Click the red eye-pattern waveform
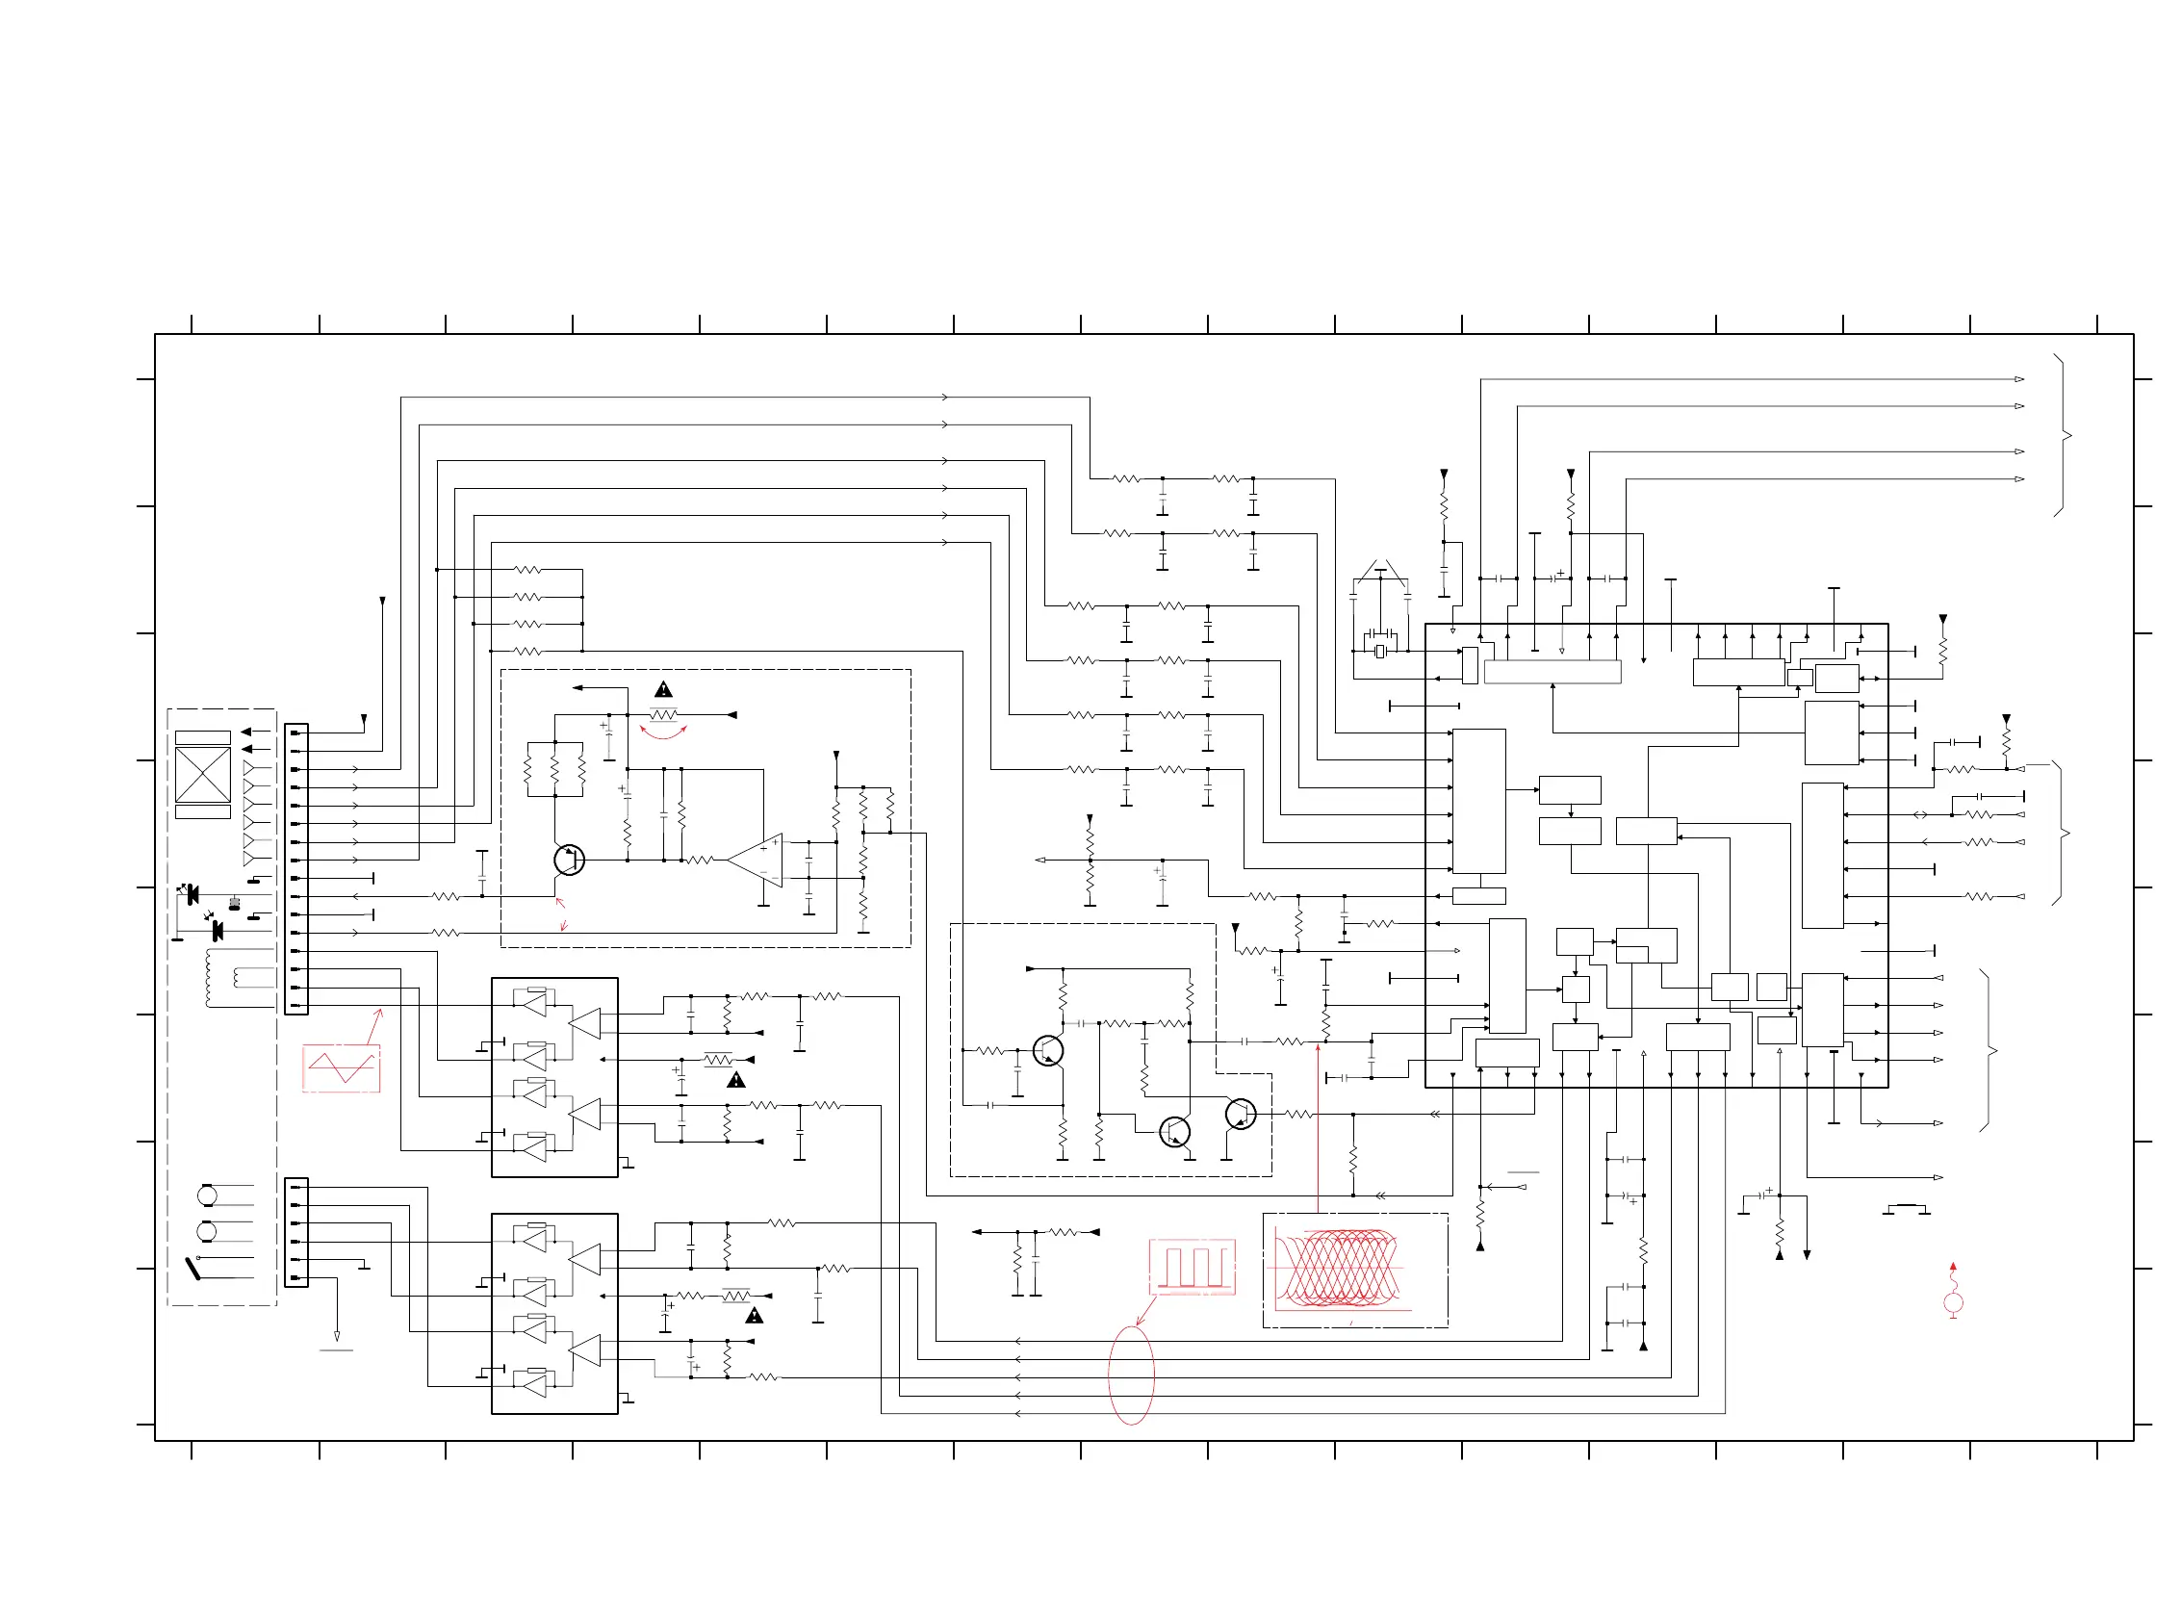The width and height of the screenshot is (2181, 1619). point(1339,1270)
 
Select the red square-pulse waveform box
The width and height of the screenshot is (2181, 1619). point(1192,1266)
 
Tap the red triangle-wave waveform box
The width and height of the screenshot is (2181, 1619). point(341,1067)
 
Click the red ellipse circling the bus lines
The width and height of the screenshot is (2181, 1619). point(1131,1374)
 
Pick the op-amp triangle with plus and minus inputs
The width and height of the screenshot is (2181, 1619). point(757,860)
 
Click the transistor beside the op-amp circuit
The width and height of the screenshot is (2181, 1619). point(568,860)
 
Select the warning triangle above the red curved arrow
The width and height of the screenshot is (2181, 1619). point(663,690)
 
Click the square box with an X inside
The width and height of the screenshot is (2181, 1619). point(203,774)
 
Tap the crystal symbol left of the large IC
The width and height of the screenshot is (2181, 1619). point(1379,651)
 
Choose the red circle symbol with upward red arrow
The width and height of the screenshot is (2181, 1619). point(1953,1301)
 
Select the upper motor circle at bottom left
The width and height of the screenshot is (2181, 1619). point(207,1195)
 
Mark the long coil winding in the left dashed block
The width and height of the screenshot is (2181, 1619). point(208,977)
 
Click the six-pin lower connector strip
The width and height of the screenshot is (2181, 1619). point(295,1232)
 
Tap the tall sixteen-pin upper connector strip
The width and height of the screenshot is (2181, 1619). point(295,868)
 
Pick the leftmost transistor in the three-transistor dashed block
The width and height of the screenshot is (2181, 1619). point(1047,1050)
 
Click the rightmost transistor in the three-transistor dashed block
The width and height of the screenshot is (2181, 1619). point(1241,1115)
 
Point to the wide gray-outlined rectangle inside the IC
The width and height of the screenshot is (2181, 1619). point(1552,671)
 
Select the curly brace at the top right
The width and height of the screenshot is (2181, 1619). point(2063,435)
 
